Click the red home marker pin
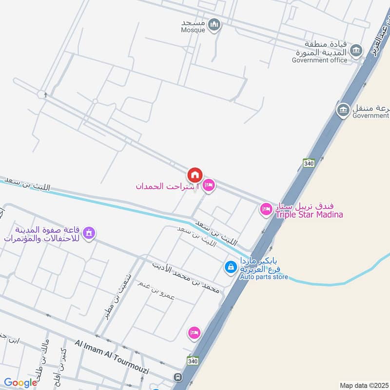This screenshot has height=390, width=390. (195, 175)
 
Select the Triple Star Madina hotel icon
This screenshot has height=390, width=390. (266, 209)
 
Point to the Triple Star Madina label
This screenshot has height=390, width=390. (310, 214)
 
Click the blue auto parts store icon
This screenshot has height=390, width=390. (230, 267)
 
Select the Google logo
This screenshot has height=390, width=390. (20, 383)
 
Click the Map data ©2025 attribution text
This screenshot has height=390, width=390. (363, 385)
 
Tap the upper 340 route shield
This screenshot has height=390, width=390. (308, 163)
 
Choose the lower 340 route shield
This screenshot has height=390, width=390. (192, 360)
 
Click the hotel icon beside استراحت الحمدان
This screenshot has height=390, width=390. (209, 185)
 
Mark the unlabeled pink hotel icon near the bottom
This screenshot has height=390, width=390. (194, 332)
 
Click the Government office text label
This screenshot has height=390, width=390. (320, 60)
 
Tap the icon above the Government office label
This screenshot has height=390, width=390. (357, 50)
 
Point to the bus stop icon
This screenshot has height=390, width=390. (179, 377)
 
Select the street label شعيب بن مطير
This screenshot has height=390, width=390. (113, 303)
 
